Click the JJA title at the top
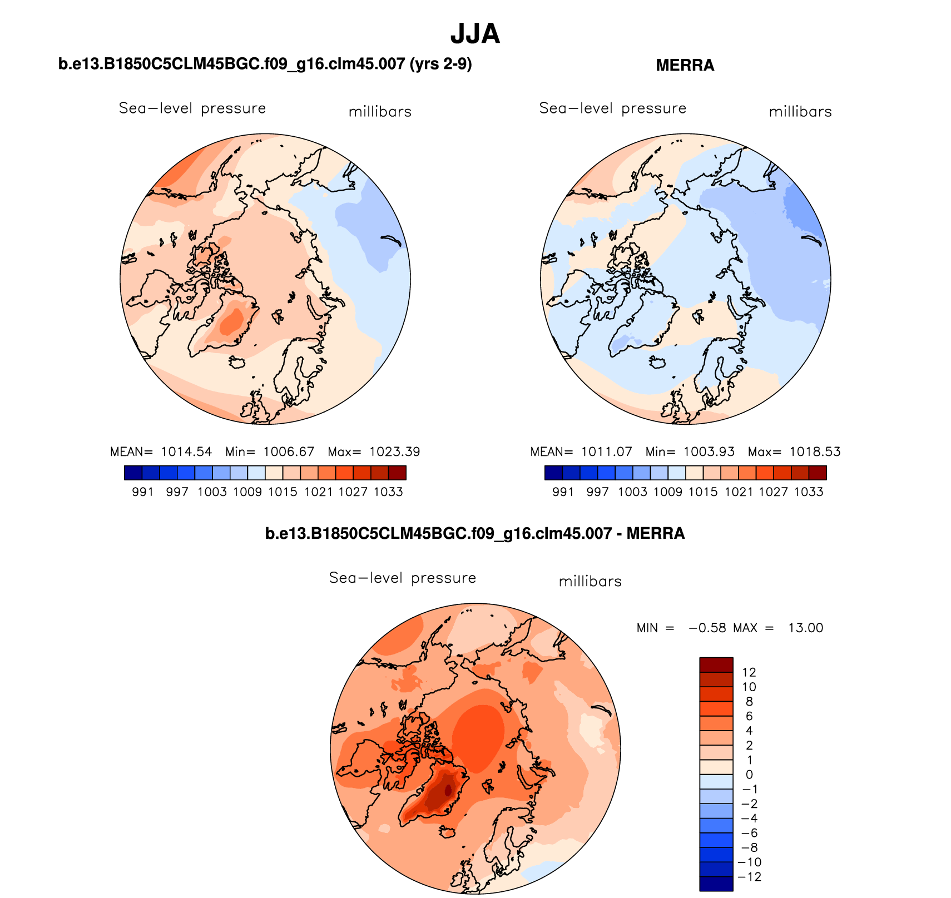(x=475, y=34)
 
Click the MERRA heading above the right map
(x=685, y=66)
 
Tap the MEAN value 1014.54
(x=186, y=452)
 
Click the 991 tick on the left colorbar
(x=142, y=492)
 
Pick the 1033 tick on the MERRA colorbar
(x=808, y=492)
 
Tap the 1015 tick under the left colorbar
(x=283, y=492)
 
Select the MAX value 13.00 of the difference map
(x=805, y=628)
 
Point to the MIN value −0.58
(x=707, y=628)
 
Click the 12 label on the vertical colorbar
(x=749, y=672)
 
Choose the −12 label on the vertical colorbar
(x=749, y=877)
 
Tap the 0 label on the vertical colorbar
(x=749, y=775)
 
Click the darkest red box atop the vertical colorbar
(x=716, y=664)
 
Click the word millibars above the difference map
(x=590, y=582)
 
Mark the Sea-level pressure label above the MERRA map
(x=612, y=108)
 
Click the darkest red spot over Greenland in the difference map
(x=448, y=790)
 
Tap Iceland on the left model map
(x=237, y=363)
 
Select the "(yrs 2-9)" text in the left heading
(x=440, y=65)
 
